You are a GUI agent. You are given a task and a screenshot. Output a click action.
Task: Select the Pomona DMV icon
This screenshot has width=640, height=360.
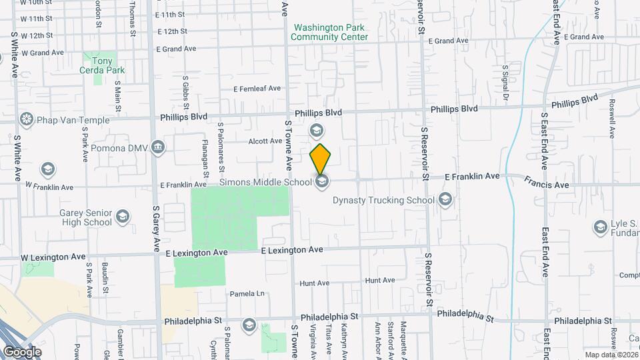(x=158, y=147)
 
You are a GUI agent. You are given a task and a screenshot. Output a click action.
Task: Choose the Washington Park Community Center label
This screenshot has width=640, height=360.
(x=330, y=33)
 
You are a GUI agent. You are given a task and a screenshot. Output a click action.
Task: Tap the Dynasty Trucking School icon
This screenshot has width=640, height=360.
(x=445, y=199)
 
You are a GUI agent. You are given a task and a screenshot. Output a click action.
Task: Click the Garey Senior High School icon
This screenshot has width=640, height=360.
(x=123, y=216)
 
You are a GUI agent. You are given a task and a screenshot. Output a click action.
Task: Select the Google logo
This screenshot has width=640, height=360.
(x=22, y=351)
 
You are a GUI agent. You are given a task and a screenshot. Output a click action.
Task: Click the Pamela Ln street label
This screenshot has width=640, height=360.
(x=247, y=293)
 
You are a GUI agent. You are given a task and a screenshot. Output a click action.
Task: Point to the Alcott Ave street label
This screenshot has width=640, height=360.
(x=266, y=141)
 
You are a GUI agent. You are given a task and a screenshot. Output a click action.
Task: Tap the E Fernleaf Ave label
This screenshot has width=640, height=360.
(x=257, y=89)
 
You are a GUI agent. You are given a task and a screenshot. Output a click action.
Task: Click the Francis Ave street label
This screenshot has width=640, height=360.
(x=546, y=183)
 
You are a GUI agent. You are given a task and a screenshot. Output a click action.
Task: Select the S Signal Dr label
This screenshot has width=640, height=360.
(x=505, y=82)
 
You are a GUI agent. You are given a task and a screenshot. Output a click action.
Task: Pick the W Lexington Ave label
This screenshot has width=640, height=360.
(x=53, y=257)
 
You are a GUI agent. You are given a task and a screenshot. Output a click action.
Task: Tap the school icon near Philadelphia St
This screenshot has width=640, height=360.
(x=249, y=324)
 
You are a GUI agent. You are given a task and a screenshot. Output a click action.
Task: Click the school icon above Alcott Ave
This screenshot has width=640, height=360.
(x=317, y=129)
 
